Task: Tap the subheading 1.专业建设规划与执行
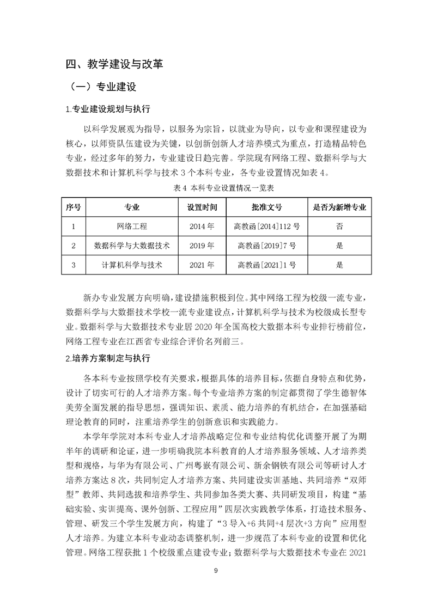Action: [x=107, y=109]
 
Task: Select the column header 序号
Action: [x=73, y=207]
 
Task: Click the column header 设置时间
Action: [x=202, y=207]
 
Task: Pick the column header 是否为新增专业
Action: [x=340, y=207]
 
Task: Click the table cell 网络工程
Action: [x=132, y=226]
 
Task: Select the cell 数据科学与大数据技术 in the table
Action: [x=132, y=246]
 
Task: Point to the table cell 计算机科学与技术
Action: [x=132, y=265]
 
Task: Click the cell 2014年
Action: [x=202, y=226]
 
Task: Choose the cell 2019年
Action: [x=202, y=246]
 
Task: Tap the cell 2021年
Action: [x=202, y=265]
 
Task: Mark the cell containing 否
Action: [x=340, y=226]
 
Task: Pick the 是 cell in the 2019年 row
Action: [x=340, y=246]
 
